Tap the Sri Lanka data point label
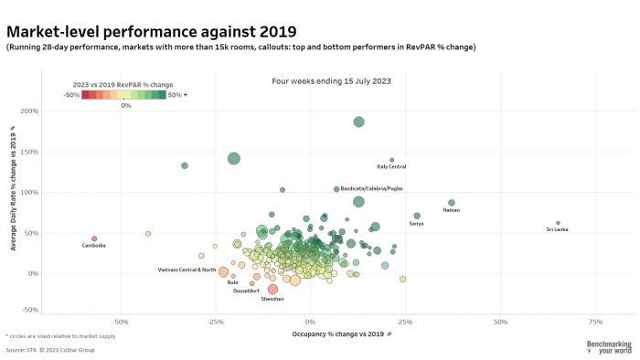(557, 229)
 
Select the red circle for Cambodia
(93, 238)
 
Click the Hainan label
(451, 210)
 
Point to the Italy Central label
(391, 166)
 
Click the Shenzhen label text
(272, 299)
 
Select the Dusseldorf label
(246, 291)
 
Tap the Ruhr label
(233, 282)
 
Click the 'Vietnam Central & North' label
(187, 270)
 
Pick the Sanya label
(416, 223)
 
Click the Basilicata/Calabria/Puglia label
(370, 188)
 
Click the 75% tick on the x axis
(595, 322)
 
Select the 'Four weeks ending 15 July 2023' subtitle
(332, 81)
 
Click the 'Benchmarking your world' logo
(609, 347)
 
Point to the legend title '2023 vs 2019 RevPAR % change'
(123, 85)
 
